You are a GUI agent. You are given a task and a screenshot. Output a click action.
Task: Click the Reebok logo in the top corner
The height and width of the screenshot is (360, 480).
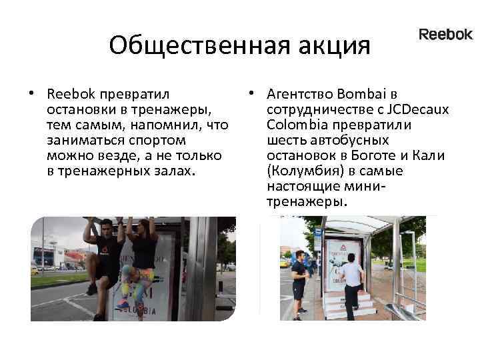[x=445, y=35]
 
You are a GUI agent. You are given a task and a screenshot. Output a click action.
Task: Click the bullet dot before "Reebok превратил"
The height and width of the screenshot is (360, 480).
[x=31, y=92]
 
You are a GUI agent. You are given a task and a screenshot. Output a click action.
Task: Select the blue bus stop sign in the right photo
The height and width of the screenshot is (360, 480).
[x=317, y=233]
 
